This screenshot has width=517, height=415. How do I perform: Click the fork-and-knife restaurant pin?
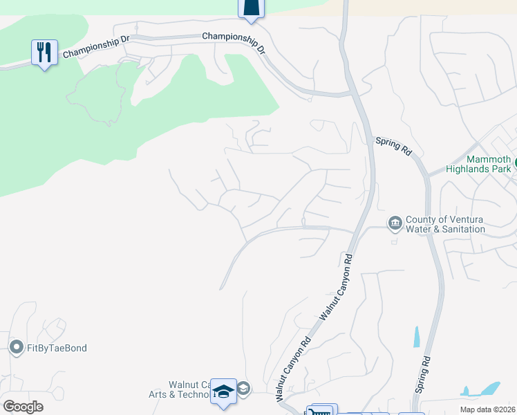click(44, 53)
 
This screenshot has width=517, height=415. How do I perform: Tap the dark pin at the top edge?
click(252, 7)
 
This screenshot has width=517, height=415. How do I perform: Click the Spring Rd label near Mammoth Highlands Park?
click(393, 146)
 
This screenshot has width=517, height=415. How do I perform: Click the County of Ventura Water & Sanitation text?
click(444, 224)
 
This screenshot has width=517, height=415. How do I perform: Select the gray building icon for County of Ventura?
click(395, 223)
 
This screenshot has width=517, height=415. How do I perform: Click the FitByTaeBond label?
click(57, 348)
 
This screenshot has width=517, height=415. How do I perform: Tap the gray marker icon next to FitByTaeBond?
click(16, 347)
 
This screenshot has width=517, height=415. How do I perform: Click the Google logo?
click(23, 407)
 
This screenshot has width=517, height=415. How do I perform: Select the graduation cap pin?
click(223, 391)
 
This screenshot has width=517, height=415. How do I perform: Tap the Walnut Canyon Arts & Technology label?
click(189, 390)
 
